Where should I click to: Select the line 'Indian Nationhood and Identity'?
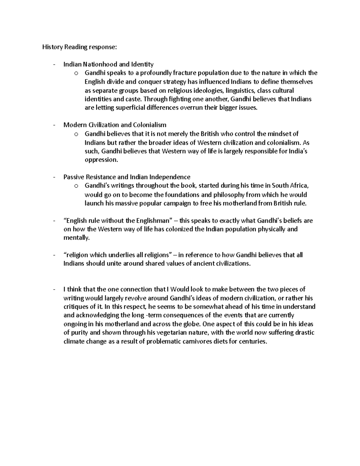(x=108, y=64)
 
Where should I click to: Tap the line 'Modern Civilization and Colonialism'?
(x=115, y=125)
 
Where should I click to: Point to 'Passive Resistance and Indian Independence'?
(x=127, y=177)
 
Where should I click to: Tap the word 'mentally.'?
(x=76, y=238)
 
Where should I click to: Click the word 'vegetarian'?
(x=171, y=333)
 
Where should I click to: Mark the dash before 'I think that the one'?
(x=54, y=290)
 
